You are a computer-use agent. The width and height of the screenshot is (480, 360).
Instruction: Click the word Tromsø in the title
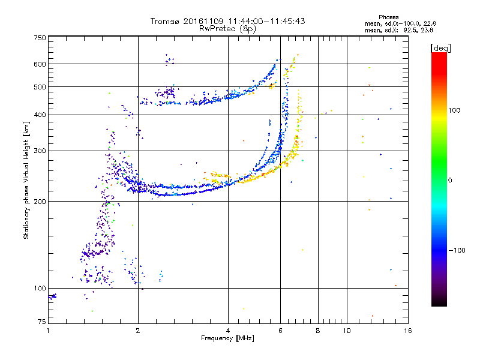(166, 21)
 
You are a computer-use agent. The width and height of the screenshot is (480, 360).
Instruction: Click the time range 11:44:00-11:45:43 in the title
(266, 21)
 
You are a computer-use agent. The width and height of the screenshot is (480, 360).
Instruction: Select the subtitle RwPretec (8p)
(227, 29)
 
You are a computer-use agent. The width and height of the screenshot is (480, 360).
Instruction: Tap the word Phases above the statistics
(388, 17)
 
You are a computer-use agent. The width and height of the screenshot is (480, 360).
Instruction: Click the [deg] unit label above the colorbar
(440, 49)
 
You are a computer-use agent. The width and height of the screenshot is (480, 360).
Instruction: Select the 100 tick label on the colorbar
(454, 110)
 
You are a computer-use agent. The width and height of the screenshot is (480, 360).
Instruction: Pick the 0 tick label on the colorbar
(450, 181)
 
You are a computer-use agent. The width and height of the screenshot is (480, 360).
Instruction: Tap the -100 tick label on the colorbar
(457, 250)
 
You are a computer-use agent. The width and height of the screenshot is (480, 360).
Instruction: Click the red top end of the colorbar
(439, 53)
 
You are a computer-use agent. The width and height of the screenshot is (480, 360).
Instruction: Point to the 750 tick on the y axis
(40, 38)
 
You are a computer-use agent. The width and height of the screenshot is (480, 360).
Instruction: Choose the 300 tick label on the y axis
(40, 151)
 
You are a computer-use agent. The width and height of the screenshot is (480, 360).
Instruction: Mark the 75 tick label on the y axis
(42, 322)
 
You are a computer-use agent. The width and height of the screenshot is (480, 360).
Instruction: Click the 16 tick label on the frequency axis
(408, 331)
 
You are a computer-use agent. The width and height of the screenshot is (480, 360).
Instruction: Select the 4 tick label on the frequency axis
(228, 331)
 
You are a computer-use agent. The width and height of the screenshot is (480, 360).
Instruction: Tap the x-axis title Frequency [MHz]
(227, 338)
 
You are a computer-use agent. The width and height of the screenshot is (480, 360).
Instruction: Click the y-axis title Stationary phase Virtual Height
(26, 181)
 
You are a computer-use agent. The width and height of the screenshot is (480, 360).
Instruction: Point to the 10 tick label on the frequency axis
(347, 331)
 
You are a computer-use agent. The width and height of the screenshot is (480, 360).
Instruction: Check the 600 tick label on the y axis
(40, 64)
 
